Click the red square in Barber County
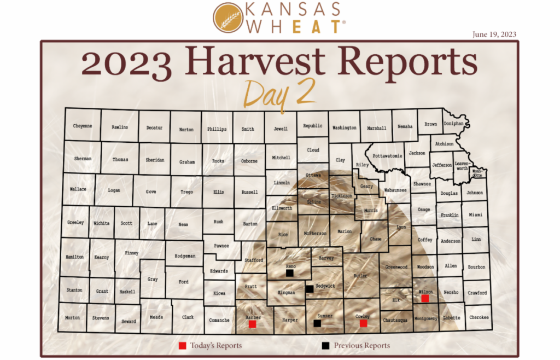pyautogui.click(x=252, y=324)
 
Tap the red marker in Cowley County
pyautogui.click(x=363, y=323)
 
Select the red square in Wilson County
pyautogui.click(x=425, y=298)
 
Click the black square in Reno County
pyautogui.click(x=290, y=272)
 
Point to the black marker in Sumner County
pyautogui.click(x=317, y=323)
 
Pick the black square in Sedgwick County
pyautogui.click(x=310, y=288)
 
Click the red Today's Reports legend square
pyautogui.click(x=183, y=346)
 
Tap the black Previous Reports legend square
pyautogui.click(x=326, y=346)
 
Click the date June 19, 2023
pyautogui.click(x=494, y=34)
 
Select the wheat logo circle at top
pyautogui.click(x=229, y=18)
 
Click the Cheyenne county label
pyautogui.click(x=83, y=126)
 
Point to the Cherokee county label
pyautogui.click(x=479, y=317)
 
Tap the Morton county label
pyautogui.click(x=72, y=317)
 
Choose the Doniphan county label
pyautogui.click(x=453, y=124)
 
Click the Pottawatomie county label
pyautogui.click(x=387, y=156)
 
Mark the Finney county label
pyautogui.click(x=131, y=253)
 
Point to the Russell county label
pyautogui.click(x=249, y=193)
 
